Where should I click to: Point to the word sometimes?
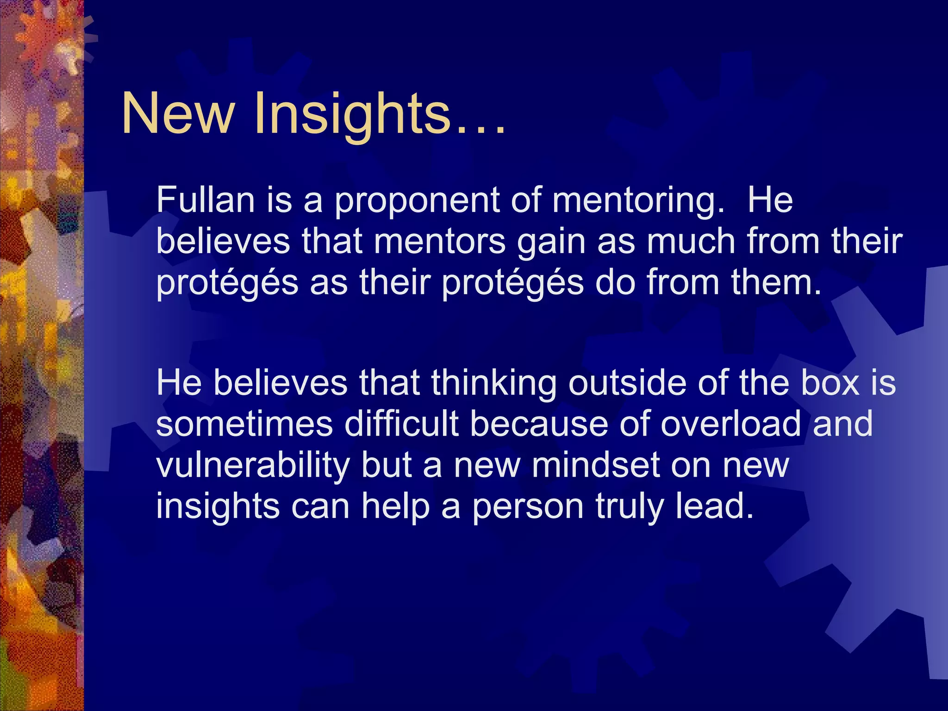pyautogui.click(x=244, y=424)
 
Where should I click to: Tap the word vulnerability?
pyautogui.click(x=253, y=466)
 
